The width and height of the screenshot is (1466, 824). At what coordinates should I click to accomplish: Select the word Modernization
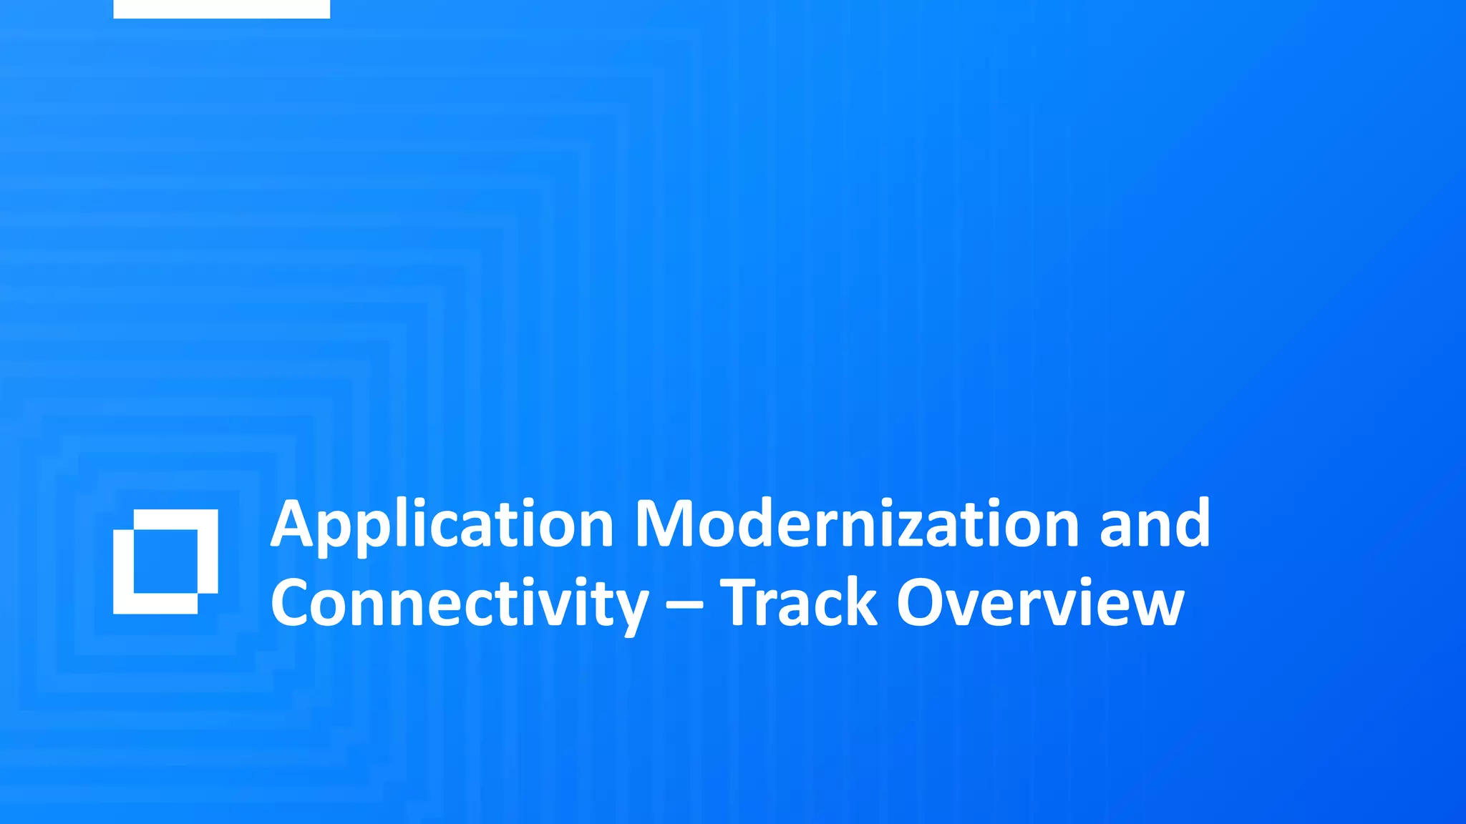pos(857,524)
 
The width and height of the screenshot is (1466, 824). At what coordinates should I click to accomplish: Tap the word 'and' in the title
pos(1154,524)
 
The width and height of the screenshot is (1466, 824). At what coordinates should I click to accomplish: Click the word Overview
pos(1039,603)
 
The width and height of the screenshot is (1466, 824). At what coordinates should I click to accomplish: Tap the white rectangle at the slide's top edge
pos(221,9)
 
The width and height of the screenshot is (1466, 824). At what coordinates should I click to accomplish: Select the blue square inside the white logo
pos(165,561)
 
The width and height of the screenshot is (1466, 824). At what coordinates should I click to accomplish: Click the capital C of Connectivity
pos(293,603)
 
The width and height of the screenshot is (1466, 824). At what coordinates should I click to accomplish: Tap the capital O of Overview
pos(923,603)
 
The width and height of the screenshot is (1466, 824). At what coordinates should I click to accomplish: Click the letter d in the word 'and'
pos(1190,524)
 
